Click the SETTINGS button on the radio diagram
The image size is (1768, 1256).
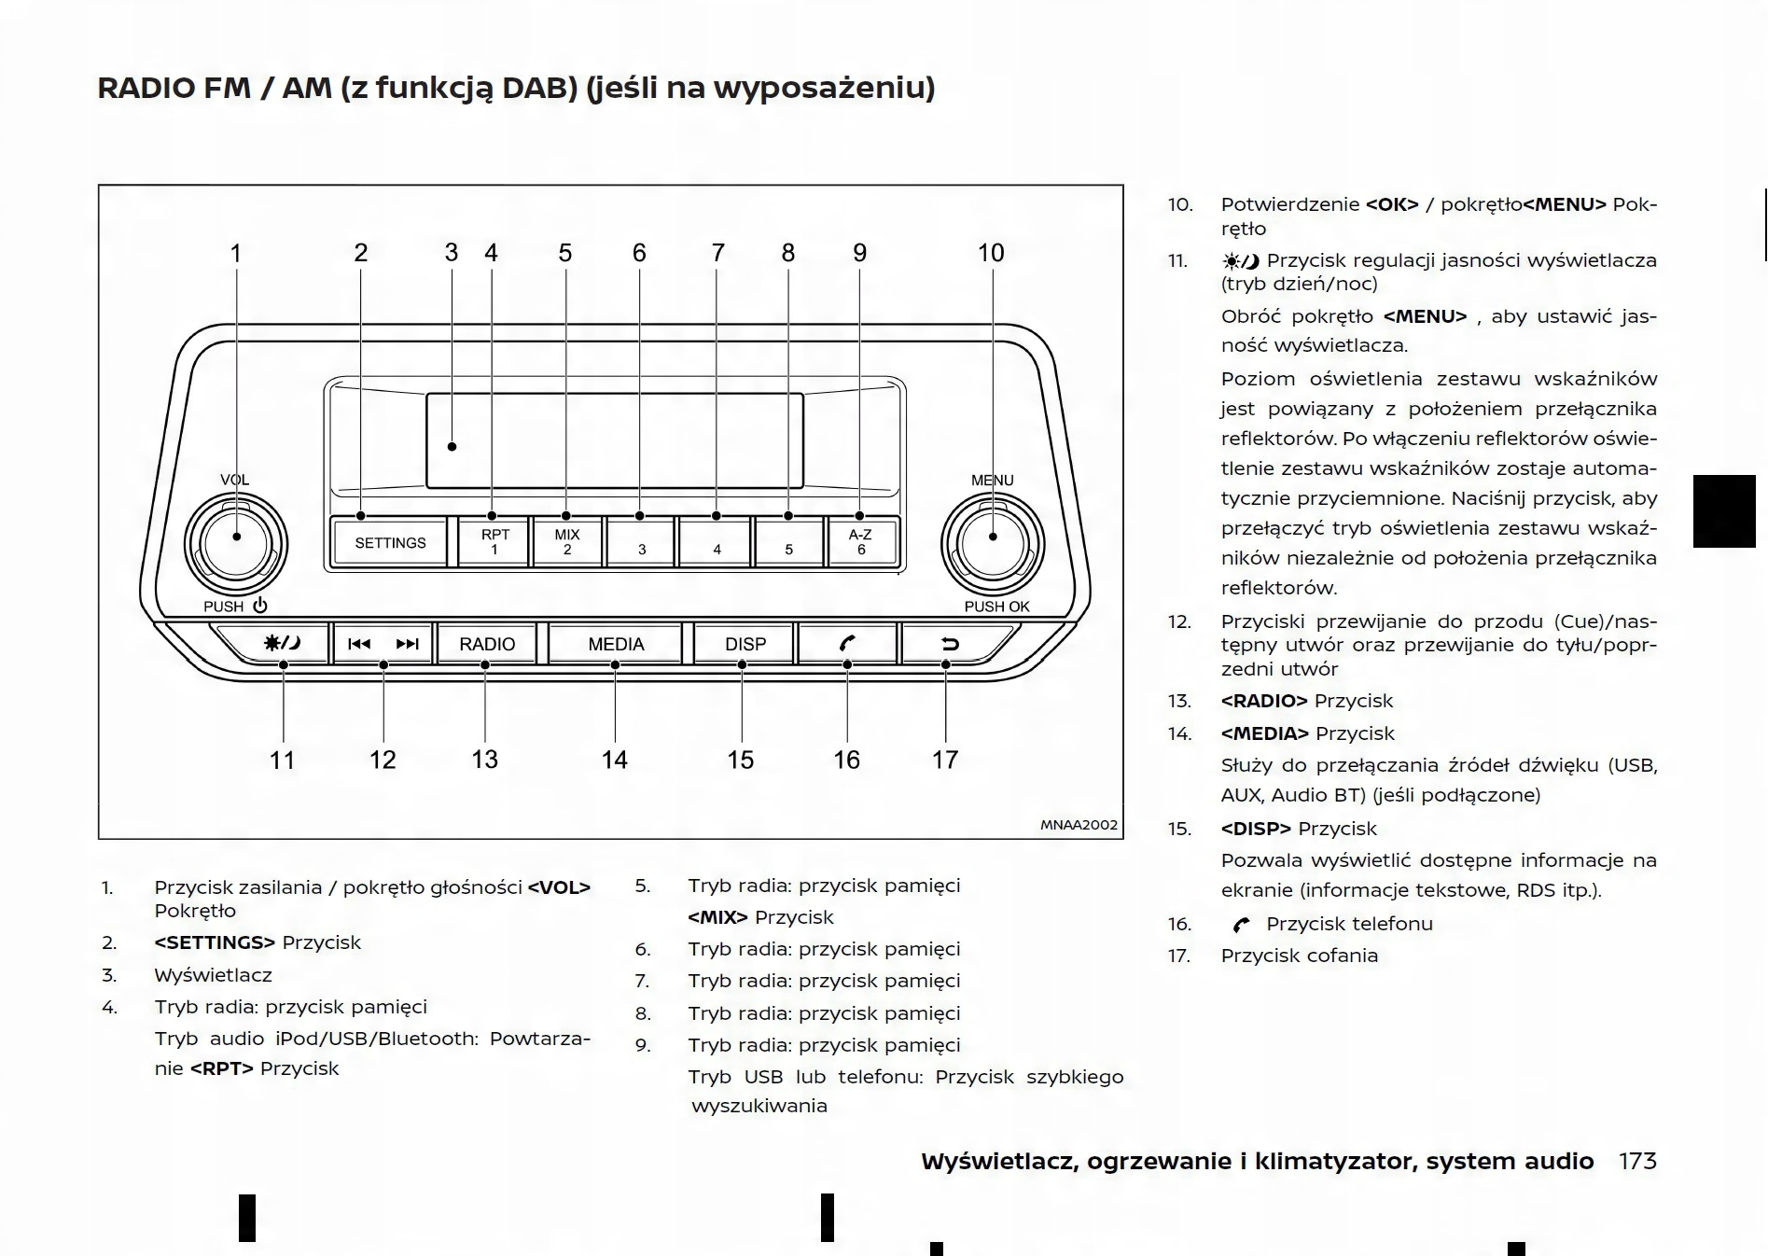[x=390, y=542]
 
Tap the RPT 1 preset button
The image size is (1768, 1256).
[x=494, y=542]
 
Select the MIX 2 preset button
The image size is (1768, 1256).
[x=567, y=542]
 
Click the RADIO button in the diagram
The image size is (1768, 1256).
[x=486, y=644]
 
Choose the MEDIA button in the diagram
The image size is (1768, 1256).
[x=616, y=644]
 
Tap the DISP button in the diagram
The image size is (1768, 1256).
[x=745, y=644]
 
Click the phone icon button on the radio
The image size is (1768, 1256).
[x=847, y=644]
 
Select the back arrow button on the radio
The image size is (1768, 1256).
[x=950, y=644]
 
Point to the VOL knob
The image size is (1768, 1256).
[x=236, y=544]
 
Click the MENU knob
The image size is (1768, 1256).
[x=993, y=544]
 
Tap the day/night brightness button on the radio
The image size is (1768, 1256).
[x=282, y=643]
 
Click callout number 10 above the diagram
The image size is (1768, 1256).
[x=991, y=253]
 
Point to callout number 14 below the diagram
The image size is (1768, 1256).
[x=614, y=760]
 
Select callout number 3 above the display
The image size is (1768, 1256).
[x=452, y=253]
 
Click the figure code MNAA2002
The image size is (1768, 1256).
[x=1079, y=825]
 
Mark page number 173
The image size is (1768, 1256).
[x=1637, y=1161]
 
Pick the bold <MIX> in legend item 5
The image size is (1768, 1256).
[x=717, y=917]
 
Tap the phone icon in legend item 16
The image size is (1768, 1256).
[x=1241, y=925]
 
